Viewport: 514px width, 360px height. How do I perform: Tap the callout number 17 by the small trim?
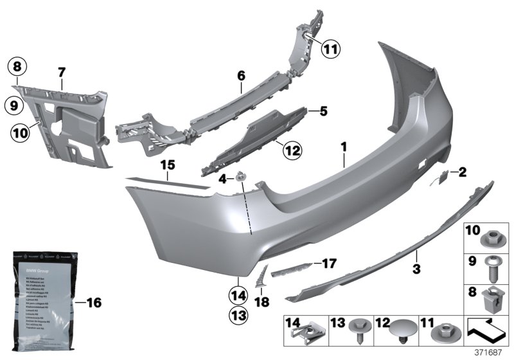pyautogui.click(x=329, y=264)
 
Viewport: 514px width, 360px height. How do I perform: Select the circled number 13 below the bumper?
pyautogui.click(x=238, y=316)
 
